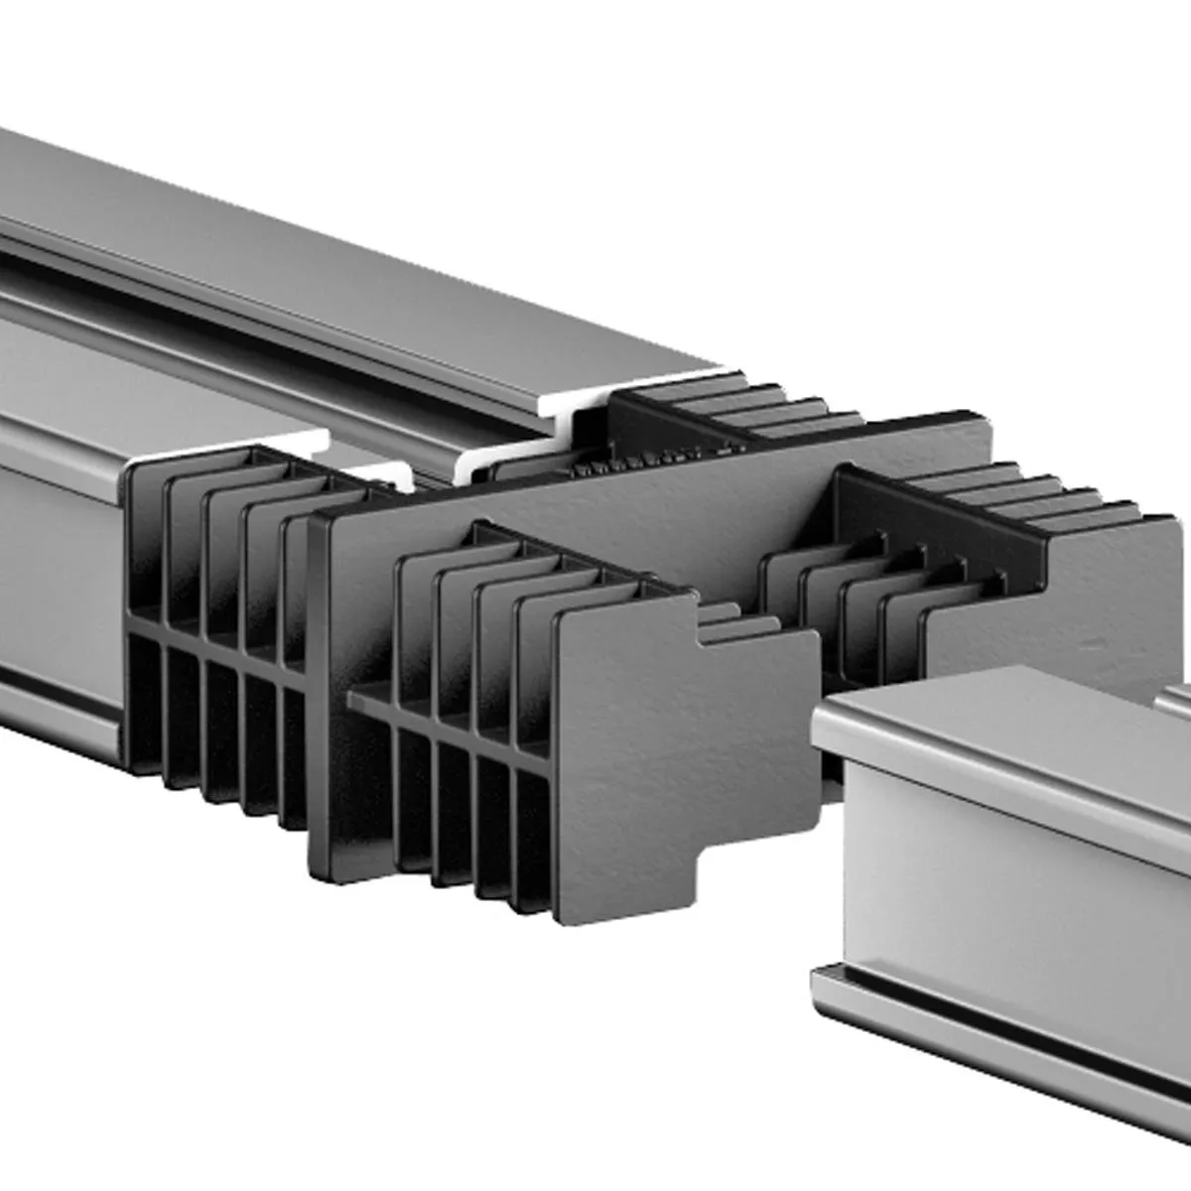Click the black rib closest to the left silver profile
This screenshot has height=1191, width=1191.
click(144, 615)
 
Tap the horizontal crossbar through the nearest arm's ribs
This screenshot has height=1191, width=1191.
click(447, 725)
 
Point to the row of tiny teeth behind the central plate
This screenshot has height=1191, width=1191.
click(635, 460)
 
